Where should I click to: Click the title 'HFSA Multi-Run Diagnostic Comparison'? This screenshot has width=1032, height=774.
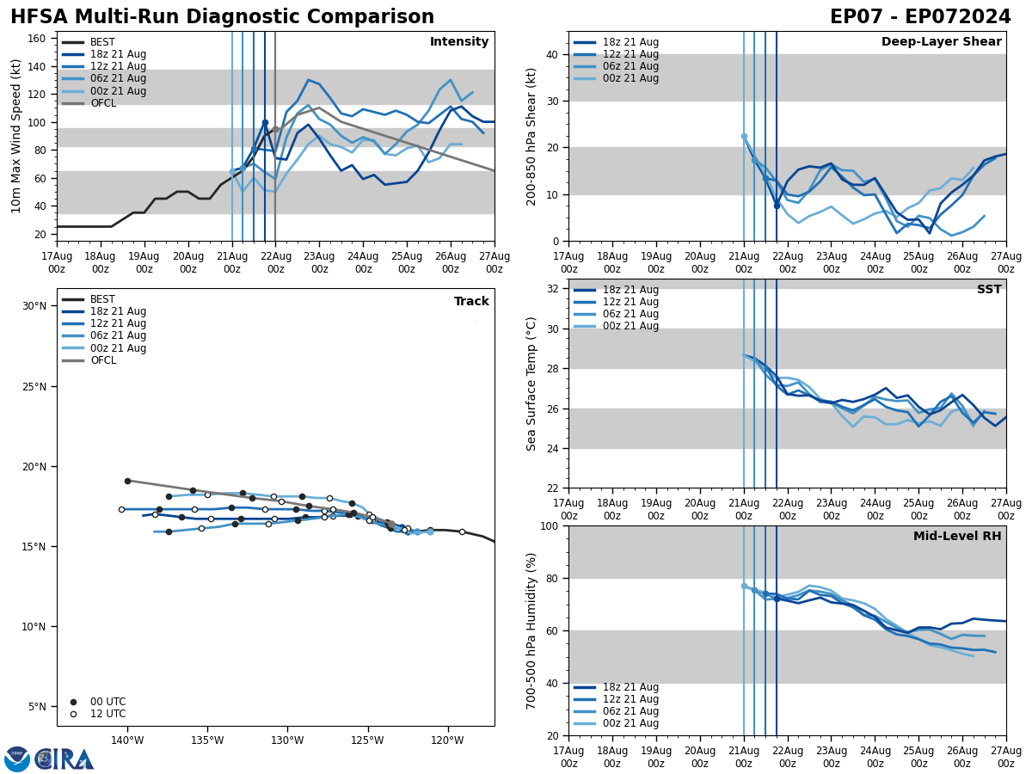222,17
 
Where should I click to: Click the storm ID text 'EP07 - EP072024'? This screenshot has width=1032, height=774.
920,17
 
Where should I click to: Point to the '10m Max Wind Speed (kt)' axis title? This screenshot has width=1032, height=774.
16,136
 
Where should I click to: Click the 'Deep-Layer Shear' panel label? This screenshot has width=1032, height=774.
941,42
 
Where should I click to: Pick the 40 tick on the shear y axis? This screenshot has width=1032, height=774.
553,55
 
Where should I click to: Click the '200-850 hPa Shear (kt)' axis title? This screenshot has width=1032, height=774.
531,136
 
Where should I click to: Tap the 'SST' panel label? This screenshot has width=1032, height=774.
988,290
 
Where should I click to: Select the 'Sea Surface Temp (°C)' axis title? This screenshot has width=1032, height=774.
531,384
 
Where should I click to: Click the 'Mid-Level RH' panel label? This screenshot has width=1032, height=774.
957,537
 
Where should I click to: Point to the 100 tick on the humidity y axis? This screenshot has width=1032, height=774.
550,525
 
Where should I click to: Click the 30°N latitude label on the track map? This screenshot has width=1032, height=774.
34,306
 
